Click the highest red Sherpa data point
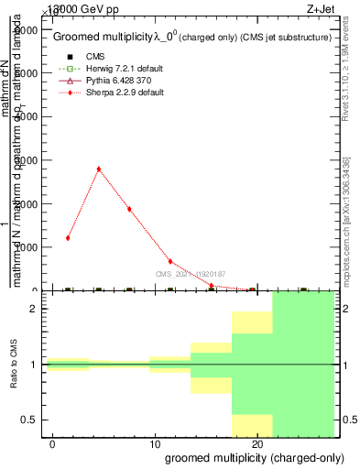point(98,169)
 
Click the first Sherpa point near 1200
point(68,238)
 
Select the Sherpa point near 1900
point(129,209)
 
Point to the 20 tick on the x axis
point(258,443)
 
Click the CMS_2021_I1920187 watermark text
point(190,273)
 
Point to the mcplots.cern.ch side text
point(345,220)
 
